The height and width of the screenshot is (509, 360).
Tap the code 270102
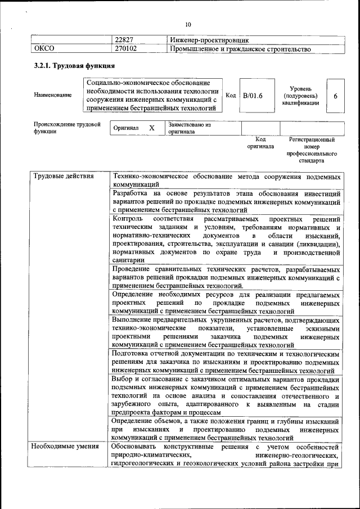(x=126, y=49)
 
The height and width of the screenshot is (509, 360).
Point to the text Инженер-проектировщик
(x=209, y=40)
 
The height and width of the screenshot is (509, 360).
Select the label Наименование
(x=53, y=96)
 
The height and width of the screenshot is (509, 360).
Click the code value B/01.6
(x=253, y=96)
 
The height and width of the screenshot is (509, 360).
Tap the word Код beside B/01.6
(x=231, y=95)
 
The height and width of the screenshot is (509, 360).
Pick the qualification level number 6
(x=336, y=96)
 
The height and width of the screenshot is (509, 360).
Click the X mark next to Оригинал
(x=151, y=128)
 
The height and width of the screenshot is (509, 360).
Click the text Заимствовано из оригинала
(x=189, y=128)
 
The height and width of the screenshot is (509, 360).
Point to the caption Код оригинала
(x=260, y=142)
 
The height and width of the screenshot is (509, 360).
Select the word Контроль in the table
(x=128, y=218)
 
